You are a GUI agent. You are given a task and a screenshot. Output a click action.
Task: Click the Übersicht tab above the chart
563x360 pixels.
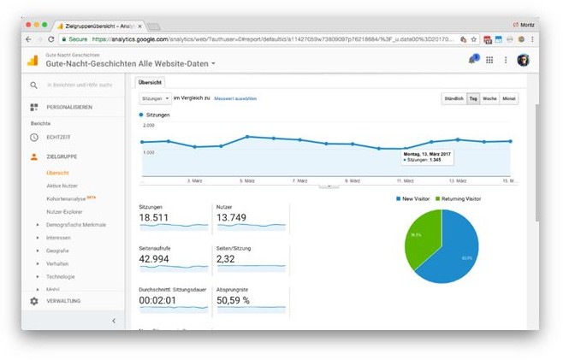click(x=151, y=82)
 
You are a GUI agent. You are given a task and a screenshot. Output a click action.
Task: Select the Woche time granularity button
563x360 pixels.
click(x=490, y=98)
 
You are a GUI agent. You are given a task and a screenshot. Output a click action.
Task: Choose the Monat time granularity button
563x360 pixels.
click(x=509, y=98)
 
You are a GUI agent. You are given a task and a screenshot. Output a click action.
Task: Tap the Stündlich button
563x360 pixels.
click(x=453, y=98)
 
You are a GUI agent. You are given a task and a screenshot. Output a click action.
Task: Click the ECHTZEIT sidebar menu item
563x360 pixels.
click(x=58, y=137)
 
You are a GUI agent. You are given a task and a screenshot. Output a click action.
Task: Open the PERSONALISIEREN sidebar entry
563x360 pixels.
click(x=69, y=107)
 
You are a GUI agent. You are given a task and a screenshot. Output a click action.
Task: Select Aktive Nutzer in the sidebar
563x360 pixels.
click(x=62, y=186)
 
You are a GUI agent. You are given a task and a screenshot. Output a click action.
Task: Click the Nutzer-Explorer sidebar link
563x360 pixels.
click(x=66, y=211)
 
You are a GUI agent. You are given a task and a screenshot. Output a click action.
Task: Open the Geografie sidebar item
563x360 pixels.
click(x=58, y=251)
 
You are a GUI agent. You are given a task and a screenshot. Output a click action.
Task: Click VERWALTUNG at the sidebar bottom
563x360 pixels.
click(x=63, y=301)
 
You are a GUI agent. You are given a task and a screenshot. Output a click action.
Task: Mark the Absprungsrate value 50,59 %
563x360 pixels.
click(x=233, y=301)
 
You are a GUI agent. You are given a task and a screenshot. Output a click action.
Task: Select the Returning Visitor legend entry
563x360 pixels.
click(x=460, y=198)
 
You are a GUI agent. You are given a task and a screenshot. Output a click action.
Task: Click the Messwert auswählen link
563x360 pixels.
click(x=235, y=98)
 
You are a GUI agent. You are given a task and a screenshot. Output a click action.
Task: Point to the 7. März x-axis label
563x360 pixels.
click(x=299, y=181)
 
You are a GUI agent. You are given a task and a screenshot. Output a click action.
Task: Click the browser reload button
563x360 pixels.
click(x=51, y=39)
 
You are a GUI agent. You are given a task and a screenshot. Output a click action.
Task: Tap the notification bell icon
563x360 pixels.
click(x=471, y=60)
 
